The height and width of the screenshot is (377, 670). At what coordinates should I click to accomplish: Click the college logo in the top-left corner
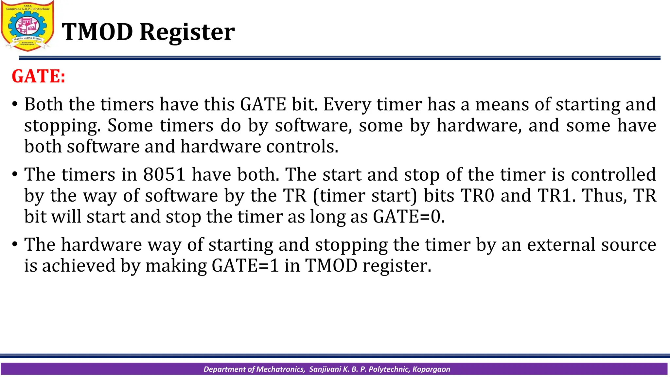27,26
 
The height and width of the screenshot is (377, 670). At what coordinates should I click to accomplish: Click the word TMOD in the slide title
97,32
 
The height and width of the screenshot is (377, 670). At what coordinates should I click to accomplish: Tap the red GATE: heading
39,76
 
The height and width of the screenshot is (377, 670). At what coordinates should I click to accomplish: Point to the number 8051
165,174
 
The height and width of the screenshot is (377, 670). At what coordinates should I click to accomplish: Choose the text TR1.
556,195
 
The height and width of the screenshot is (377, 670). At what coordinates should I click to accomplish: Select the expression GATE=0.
409,217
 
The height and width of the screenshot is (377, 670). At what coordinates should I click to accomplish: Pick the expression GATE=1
245,265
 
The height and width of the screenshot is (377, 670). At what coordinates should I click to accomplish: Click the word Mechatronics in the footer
280,369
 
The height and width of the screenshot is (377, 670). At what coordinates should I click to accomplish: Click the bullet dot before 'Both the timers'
14,105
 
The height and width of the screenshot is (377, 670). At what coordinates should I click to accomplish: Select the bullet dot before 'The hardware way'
14,244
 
